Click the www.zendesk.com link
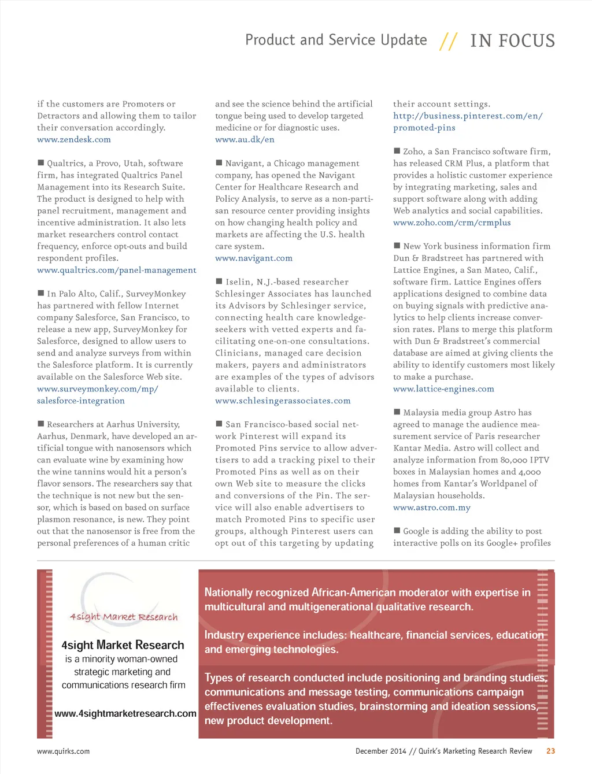point(74,139)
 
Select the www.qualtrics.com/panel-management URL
point(117,270)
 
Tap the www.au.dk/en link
point(245,139)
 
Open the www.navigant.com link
point(254,258)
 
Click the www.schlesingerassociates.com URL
point(283,401)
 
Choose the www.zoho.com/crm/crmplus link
point(452,223)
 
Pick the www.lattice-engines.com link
point(443,389)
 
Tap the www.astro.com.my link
point(432,508)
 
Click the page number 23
point(550,751)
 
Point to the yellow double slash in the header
point(448,41)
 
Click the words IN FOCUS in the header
point(512,40)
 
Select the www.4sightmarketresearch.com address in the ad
point(125,713)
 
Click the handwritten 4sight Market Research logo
point(124,617)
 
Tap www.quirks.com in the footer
point(63,751)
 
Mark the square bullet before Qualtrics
point(41,163)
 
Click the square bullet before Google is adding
point(397,530)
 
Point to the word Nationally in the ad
point(228,592)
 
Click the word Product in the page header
point(270,40)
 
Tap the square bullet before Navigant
point(219,163)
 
